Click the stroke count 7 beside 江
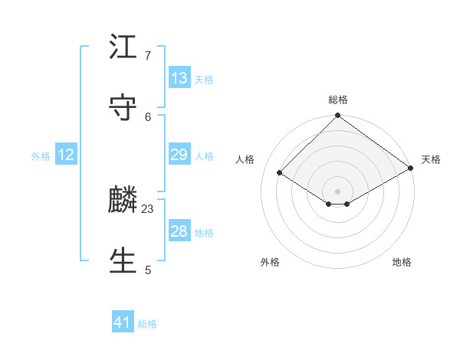click(x=148, y=56)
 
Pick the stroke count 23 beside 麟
click(x=148, y=209)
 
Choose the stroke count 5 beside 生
click(x=148, y=270)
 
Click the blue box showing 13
click(x=179, y=78)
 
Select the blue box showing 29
click(x=179, y=155)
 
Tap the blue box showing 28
click(x=179, y=231)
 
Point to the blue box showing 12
click(x=66, y=155)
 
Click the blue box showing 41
click(x=123, y=322)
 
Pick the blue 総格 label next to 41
click(x=147, y=324)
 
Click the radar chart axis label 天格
click(x=431, y=159)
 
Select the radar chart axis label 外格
click(x=270, y=262)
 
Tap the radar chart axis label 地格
click(x=402, y=262)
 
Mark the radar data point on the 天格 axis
click(x=411, y=169)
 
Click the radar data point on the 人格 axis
click(x=280, y=173)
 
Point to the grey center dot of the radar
click(x=337, y=191)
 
